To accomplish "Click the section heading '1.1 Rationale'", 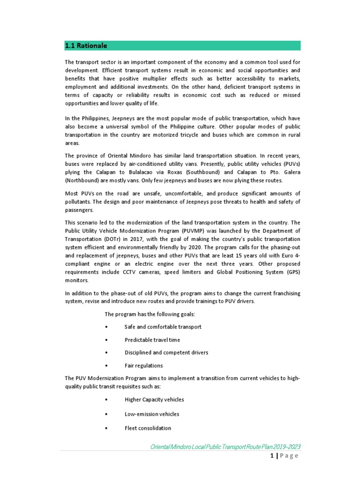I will click(x=86, y=46).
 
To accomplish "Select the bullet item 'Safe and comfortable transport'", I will click(x=163, y=327).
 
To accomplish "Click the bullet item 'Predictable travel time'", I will click(x=152, y=340).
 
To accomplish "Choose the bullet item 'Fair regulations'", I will click(x=143, y=366).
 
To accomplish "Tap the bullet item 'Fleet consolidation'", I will click(x=148, y=428).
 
